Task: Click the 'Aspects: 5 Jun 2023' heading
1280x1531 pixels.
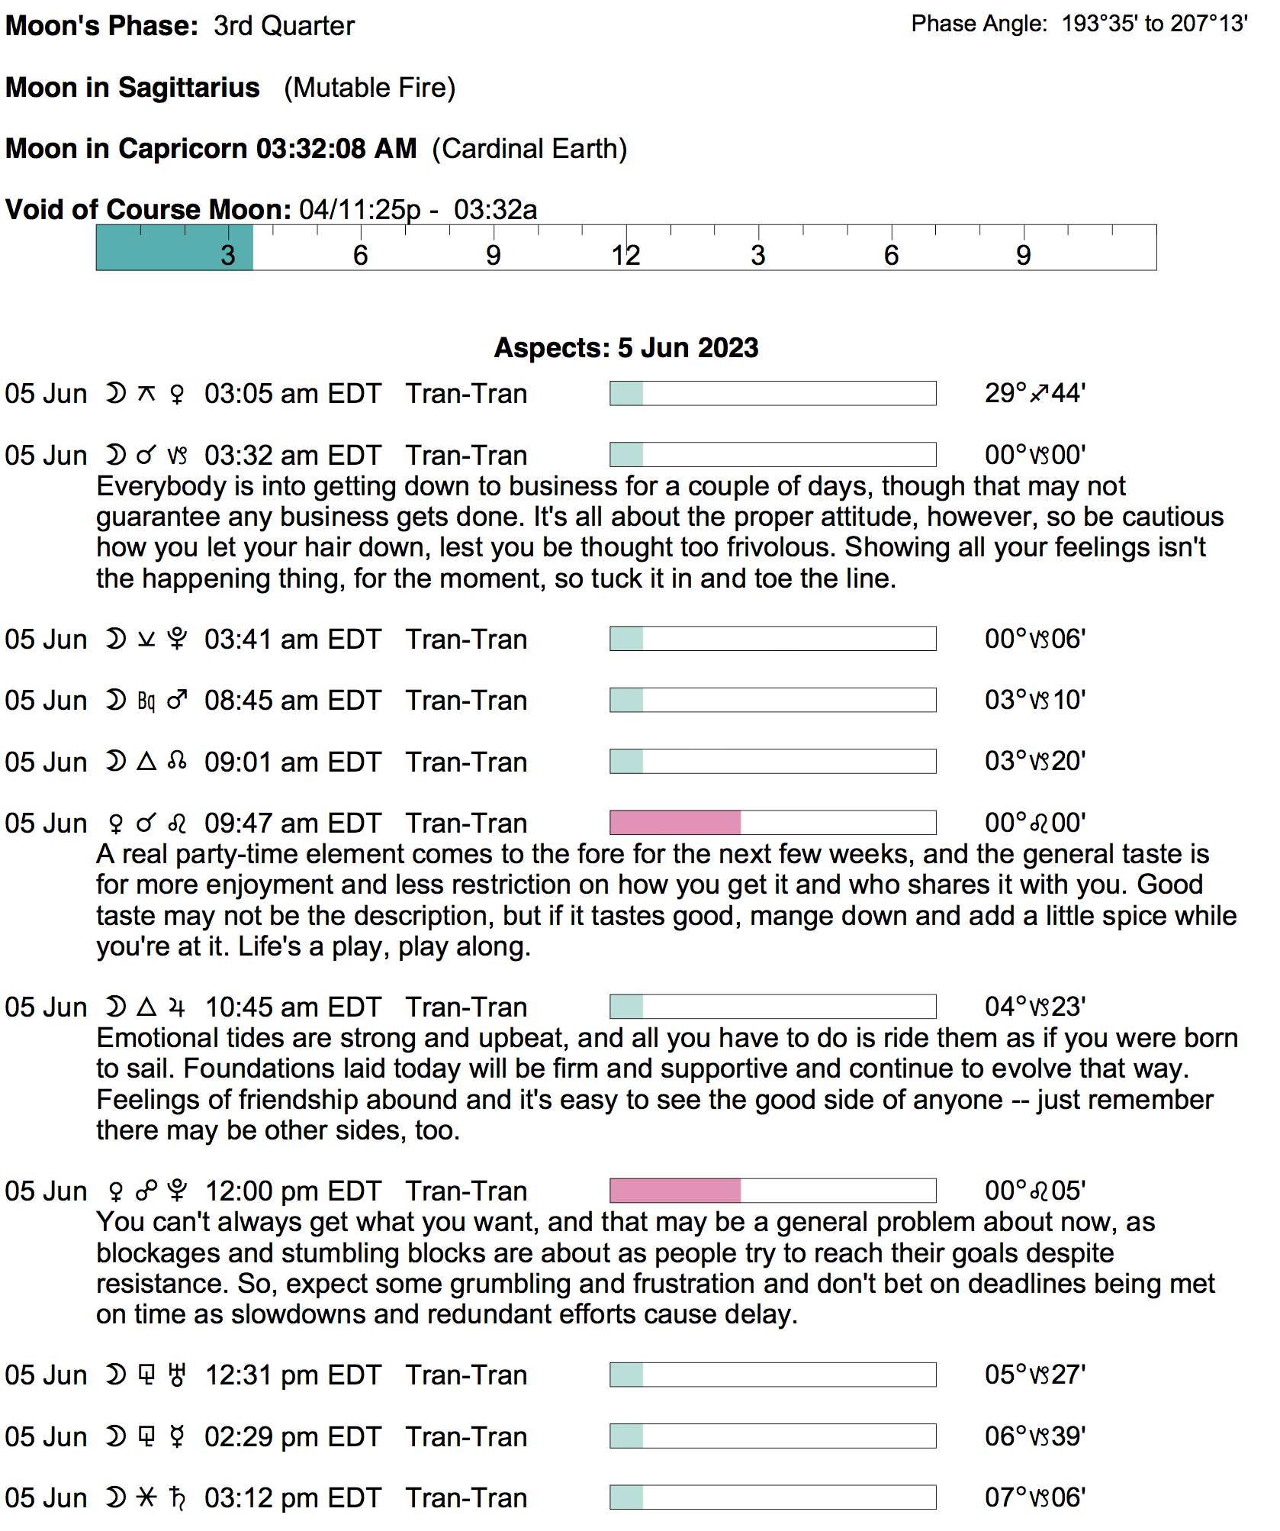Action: coord(626,348)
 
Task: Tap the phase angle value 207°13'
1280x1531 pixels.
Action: coord(1209,24)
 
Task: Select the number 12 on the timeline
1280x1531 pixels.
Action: coord(626,256)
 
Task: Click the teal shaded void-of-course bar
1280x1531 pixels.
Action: coord(174,247)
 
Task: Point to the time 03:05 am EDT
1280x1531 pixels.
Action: coord(292,394)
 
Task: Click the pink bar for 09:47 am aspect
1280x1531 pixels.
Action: coord(675,823)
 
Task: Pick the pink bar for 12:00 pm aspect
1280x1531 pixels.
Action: coord(675,1191)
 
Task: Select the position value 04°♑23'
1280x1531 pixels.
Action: coord(1034,1007)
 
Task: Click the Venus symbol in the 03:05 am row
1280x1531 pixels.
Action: coord(177,394)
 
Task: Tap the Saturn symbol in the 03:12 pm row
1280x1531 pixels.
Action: coord(178,1498)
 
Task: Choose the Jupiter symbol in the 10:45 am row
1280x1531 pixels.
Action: coord(177,1007)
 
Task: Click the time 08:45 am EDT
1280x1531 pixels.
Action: coord(292,701)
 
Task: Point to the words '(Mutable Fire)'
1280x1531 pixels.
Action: coord(369,88)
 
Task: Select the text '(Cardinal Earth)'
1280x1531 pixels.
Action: coord(529,149)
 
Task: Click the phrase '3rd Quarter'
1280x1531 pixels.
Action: coord(284,26)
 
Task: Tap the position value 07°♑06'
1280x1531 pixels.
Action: coord(1034,1497)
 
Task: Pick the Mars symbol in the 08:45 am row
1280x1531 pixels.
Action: coord(177,700)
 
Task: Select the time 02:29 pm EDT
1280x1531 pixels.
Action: coord(292,1437)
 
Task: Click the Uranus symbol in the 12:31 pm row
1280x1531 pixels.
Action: coord(178,1375)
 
